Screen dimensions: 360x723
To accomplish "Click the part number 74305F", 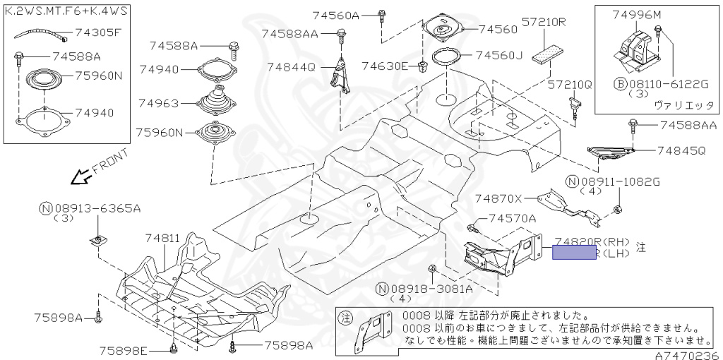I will (x=98, y=32).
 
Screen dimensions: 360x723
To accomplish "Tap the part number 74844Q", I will (x=291, y=67).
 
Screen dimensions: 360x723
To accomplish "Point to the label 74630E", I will (x=385, y=66).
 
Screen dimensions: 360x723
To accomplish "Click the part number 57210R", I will (x=544, y=22).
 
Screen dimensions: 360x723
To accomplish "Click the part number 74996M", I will (x=637, y=15).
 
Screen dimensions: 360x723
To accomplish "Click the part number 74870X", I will (x=498, y=198).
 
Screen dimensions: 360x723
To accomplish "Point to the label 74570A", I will (x=512, y=219).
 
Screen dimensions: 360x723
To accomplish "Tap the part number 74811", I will (x=163, y=239).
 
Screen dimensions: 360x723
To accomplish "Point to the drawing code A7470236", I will (x=686, y=354).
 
